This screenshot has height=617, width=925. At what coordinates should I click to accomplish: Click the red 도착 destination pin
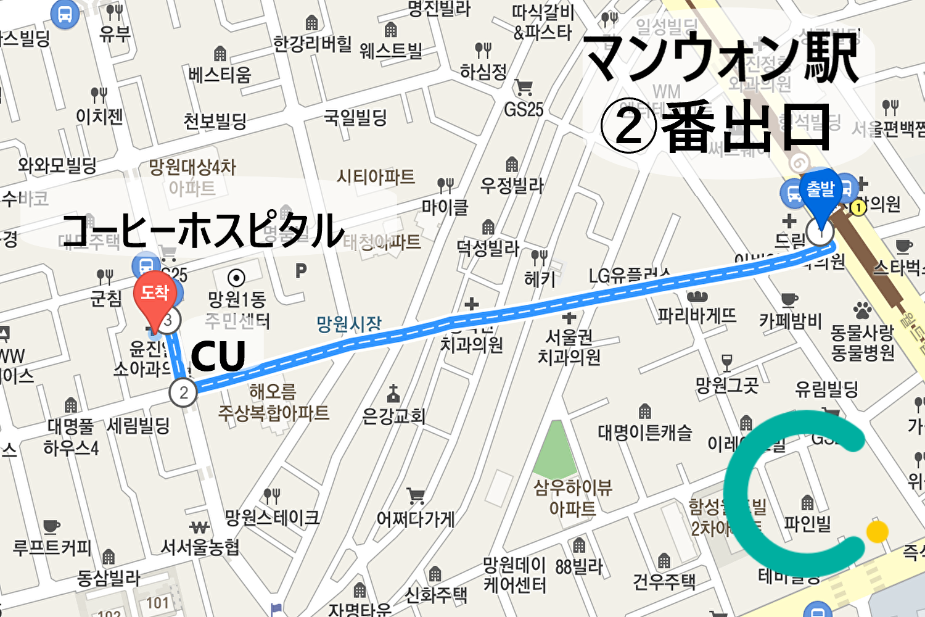[x=154, y=294]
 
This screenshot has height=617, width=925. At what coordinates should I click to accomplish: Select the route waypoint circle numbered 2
[x=183, y=392]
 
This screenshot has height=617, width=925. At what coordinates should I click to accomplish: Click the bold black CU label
[x=218, y=356]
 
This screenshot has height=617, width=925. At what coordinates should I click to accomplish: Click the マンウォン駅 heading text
[x=721, y=59]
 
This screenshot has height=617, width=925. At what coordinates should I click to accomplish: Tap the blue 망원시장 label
[x=349, y=324]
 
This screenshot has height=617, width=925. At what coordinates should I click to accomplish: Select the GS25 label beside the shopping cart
[x=524, y=110]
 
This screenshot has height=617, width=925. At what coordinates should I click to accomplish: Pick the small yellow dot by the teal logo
[x=877, y=531]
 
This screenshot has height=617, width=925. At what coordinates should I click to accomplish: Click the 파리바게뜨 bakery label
[x=697, y=316]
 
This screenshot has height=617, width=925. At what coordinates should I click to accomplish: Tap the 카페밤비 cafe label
[x=790, y=321]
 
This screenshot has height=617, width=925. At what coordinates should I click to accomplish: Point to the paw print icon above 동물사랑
[x=862, y=310]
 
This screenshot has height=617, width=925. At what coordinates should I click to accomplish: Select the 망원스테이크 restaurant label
[x=272, y=518]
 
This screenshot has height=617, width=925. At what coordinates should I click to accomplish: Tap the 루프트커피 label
[x=52, y=547]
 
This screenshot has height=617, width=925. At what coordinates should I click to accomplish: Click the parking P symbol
[x=301, y=270]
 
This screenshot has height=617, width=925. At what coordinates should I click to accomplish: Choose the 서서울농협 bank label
[x=200, y=547]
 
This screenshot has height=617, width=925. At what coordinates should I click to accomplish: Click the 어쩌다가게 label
[x=416, y=520]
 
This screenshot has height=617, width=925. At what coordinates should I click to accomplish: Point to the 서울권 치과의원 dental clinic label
[x=569, y=347]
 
